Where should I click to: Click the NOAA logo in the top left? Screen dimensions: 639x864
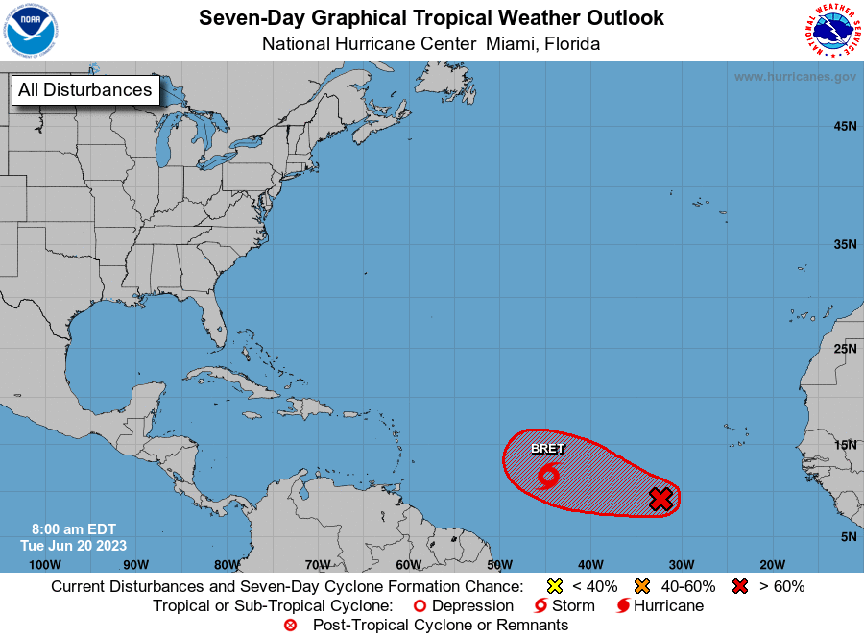point(30,31)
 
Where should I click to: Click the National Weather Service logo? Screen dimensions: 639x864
point(830,31)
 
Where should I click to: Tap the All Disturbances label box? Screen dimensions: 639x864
point(85,90)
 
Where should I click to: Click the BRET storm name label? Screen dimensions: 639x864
point(548,449)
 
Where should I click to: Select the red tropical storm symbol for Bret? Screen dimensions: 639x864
point(549,475)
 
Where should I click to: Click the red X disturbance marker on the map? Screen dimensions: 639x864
point(660,499)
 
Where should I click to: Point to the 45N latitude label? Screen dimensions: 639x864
point(845,126)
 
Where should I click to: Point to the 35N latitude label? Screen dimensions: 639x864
point(845,244)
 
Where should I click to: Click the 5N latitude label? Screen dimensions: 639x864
point(849,536)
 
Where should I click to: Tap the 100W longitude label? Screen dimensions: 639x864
point(44,564)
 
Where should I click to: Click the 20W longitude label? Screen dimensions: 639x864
point(772,564)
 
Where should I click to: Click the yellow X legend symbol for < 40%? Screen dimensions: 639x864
point(553,586)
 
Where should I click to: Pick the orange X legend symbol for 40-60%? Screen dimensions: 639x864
point(641,586)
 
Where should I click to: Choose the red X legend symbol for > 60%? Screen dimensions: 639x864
point(741,586)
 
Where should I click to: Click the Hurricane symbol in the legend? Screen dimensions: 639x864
point(623,606)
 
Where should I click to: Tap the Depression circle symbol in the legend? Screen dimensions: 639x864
point(419,606)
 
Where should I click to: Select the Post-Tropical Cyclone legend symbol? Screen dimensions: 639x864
point(291,626)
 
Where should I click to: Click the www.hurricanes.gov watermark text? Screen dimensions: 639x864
point(795,77)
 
